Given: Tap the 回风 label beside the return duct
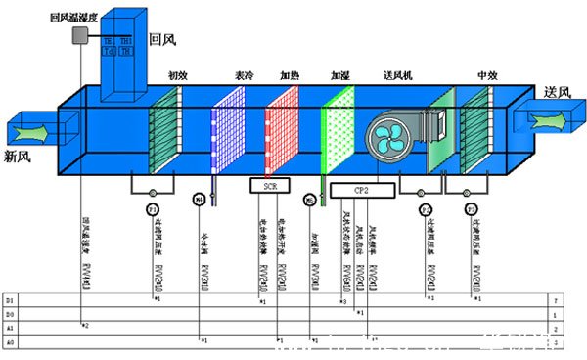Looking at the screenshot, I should (161, 40).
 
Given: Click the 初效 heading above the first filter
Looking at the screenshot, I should (177, 74).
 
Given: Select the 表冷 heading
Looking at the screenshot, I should (245, 74).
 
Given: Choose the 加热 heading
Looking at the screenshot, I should (290, 74).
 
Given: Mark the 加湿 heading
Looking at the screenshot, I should (339, 74).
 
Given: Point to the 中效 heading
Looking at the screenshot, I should (487, 74).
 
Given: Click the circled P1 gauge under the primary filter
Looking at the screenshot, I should (152, 210).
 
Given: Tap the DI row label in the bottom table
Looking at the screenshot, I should (11, 296).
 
